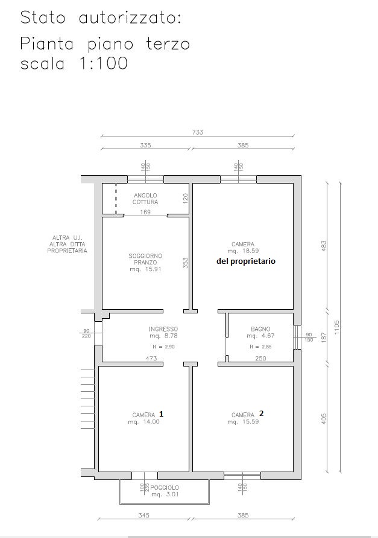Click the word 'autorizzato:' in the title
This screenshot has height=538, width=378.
(130, 18)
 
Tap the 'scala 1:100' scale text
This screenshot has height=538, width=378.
(74, 63)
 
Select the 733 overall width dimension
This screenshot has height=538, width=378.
(198, 132)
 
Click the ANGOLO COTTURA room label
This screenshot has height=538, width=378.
(145, 199)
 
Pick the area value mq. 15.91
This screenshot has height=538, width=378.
(145, 269)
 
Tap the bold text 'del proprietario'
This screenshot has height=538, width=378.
(246, 261)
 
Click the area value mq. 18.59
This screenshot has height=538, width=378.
(243, 251)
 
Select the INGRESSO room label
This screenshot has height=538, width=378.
(163, 329)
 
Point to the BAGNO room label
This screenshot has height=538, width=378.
(260, 328)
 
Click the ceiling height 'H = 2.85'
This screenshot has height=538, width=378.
(260, 347)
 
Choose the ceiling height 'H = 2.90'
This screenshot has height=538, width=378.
(163, 347)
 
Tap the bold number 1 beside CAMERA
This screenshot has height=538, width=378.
(162, 414)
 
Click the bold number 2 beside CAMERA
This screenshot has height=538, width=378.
(262, 414)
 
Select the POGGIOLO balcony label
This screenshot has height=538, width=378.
(165, 487)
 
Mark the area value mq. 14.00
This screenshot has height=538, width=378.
(143, 421)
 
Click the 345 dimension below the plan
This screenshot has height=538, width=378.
(143, 515)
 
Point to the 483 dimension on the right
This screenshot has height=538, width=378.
(324, 245)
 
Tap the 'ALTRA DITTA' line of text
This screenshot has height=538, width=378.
(67, 245)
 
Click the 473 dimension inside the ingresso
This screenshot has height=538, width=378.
(151, 358)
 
